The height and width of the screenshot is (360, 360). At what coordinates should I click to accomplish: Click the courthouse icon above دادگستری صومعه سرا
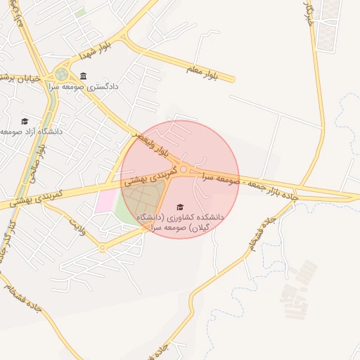84,76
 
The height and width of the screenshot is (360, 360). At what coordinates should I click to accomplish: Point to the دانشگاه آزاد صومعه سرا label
32,131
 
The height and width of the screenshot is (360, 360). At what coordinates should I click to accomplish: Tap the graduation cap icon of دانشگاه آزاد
25,121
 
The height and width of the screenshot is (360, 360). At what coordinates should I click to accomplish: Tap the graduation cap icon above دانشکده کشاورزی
180,207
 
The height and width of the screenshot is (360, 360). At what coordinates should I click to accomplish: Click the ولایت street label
77,226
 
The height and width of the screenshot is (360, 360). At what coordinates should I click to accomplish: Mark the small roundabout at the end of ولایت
102,247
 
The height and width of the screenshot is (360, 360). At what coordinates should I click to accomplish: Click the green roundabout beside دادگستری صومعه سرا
62,74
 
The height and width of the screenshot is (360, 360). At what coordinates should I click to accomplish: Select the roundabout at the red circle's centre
184,169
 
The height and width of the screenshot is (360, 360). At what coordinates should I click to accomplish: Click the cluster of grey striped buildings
298,281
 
